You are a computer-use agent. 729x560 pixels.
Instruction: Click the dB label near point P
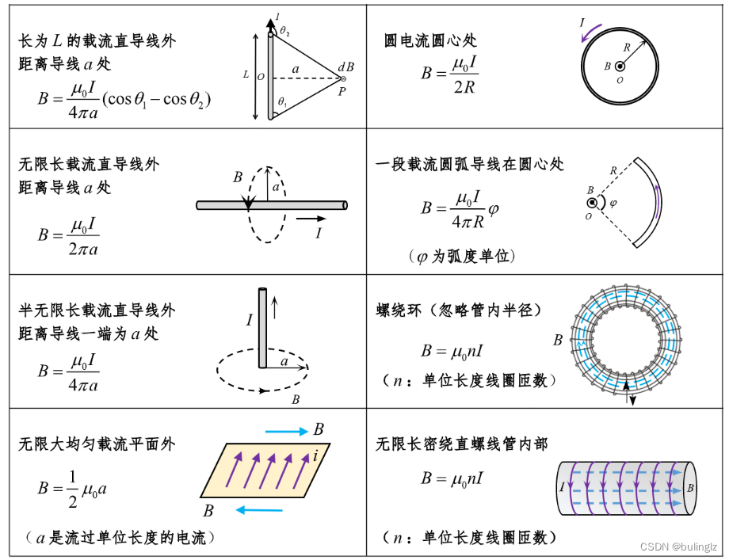tap(345, 67)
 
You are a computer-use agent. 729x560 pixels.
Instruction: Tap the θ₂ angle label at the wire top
tap(284, 31)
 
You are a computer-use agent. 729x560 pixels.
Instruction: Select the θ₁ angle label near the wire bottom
tap(282, 102)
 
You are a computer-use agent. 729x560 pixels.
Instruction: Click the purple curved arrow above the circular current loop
tap(588, 31)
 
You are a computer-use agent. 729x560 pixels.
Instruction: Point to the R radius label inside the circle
tap(627, 48)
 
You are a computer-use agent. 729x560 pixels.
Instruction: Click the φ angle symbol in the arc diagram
tap(613, 203)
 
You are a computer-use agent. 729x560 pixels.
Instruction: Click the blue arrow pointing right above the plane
tap(286, 432)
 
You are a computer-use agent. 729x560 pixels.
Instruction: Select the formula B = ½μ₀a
tap(72, 489)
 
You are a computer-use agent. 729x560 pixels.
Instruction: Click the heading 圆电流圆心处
tap(430, 40)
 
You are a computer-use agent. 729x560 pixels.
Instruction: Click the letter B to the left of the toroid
tap(558, 341)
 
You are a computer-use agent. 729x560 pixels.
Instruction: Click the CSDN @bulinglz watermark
tap(679, 546)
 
